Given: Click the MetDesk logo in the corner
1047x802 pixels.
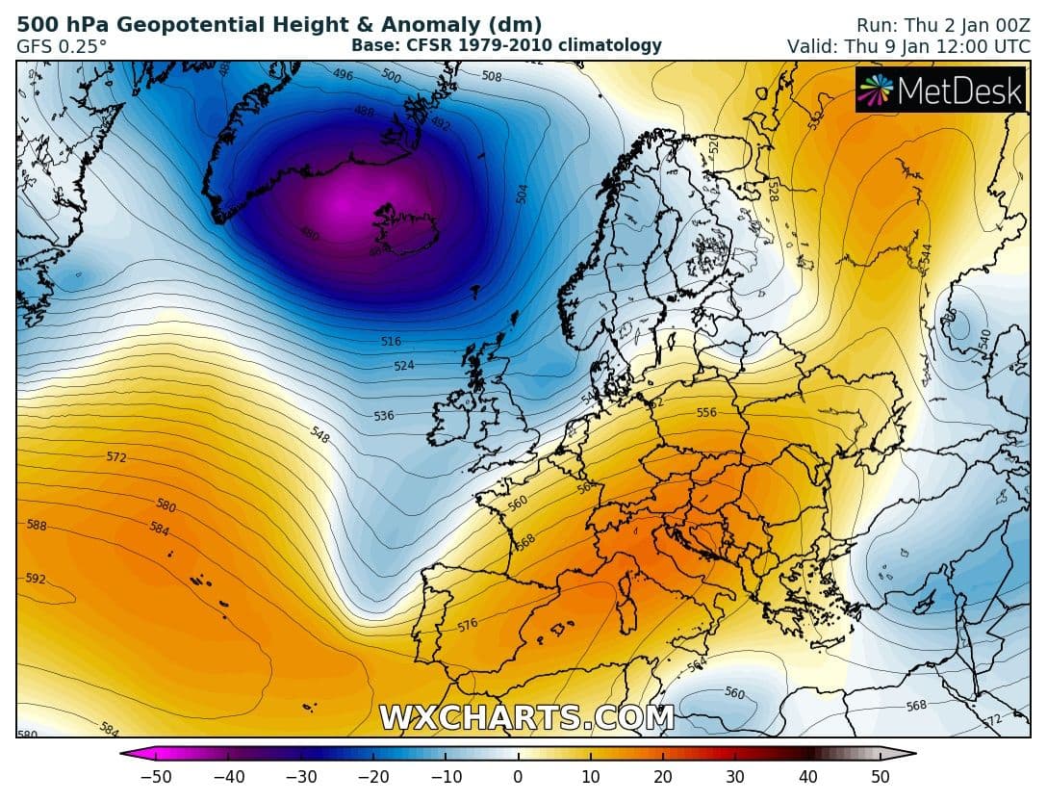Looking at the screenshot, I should pyautogui.click(x=940, y=91).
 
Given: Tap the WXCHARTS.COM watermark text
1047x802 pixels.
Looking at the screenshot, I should pyautogui.click(x=525, y=717).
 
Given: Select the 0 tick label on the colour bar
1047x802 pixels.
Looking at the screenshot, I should pyautogui.click(x=518, y=777).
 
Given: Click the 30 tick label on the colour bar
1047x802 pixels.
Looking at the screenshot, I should pyautogui.click(x=735, y=777).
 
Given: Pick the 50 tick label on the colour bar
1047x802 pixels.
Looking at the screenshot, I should pyautogui.click(x=880, y=777).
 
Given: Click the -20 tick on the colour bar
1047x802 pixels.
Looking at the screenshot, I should pyautogui.click(x=372, y=777).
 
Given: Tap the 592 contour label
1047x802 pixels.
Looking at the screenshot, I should pyautogui.click(x=36, y=579).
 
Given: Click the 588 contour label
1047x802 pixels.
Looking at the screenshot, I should pyautogui.click(x=36, y=526).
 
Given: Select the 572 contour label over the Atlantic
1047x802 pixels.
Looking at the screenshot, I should pyautogui.click(x=115, y=457).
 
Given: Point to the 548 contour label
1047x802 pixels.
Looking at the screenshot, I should pyautogui.click(x=320, y=435).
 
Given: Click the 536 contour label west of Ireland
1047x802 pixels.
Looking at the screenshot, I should pyautogui.click(x=384, y=416).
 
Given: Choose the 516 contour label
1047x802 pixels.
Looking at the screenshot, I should pyautogui.click(x=391, y=342).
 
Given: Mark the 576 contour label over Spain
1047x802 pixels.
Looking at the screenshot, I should pyautogui.click(x=468, y=625).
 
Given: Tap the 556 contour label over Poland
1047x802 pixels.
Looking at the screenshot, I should pyautogui.click(x=706, y=412).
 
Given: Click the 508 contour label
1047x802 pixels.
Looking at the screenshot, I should pyautogui.click(x=491, y=76).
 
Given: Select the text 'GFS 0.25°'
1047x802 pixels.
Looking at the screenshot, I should pyautogui.click(x=62, y=45).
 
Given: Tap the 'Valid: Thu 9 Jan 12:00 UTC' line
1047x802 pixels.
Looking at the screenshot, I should pyautogui.click(x=908, y=45).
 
